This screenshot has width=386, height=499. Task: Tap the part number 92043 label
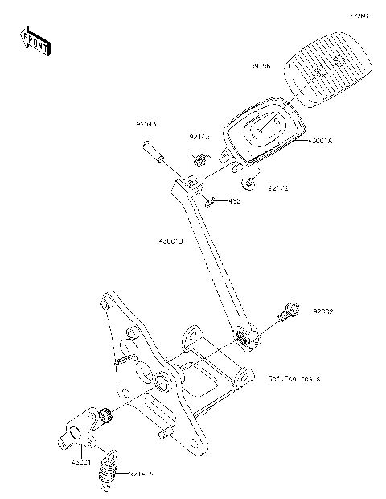[x=146, y=125]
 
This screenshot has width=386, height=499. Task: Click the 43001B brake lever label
[x=169, y=240]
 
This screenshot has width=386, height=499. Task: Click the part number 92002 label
[x=323, y=310]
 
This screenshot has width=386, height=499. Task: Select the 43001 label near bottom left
[x=82, y=464]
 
